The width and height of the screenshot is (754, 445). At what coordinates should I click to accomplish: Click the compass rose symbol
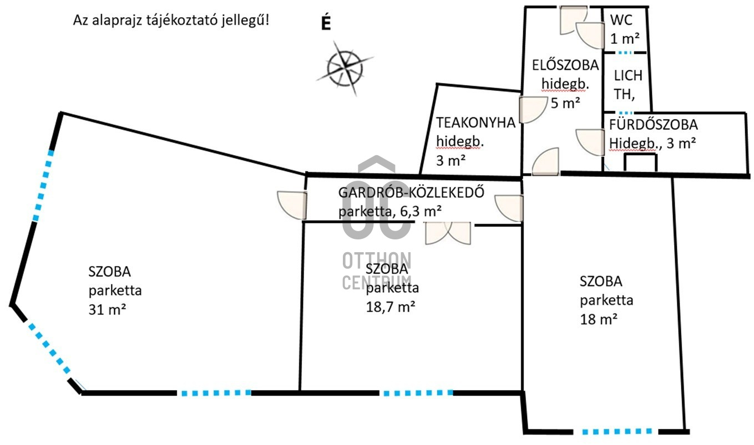click(345, 68)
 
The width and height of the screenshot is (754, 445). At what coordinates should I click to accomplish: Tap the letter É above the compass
click(326, 23)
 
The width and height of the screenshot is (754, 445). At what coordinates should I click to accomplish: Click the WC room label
click(621, 20)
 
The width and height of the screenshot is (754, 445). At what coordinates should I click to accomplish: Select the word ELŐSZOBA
click(565, 65)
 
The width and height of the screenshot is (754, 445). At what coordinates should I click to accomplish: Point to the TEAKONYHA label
click(475, 122)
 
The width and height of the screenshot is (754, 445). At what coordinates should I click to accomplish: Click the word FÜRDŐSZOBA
click(654, 125)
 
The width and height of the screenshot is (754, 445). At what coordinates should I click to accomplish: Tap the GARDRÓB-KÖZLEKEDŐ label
click(411, 192)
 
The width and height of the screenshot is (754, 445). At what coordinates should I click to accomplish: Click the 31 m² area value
click(107, 310)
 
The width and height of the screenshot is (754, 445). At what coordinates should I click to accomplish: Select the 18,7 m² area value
click(391, 307)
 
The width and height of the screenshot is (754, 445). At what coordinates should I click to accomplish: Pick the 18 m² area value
click(599, 319)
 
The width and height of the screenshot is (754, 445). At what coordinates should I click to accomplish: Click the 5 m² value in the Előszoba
click(565, 103)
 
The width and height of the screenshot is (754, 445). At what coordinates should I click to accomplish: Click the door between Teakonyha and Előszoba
click(533, 110)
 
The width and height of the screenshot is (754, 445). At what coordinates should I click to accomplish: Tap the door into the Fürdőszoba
click(590, 142)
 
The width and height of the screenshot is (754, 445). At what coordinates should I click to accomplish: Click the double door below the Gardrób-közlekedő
click(448, 233)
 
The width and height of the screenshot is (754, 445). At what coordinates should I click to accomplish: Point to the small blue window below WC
click(625, 53)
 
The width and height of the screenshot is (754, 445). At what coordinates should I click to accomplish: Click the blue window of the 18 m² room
click(616, 431)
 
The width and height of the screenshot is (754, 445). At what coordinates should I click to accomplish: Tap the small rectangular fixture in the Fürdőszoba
click(640, 162)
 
